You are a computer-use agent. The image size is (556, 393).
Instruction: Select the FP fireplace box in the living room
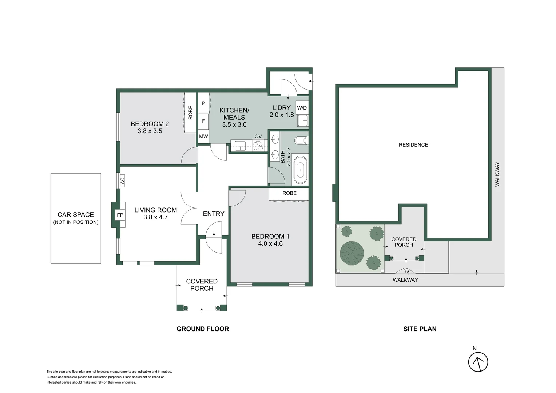click(120, 215)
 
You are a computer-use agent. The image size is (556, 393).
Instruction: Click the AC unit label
click(123, 180)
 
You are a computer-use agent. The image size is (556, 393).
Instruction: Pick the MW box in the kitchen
click(203, 136)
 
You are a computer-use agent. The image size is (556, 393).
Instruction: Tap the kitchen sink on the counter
click(241, 145)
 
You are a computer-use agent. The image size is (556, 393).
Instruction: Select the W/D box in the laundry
click(302, 108)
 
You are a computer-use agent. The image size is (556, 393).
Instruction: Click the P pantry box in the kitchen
click(203, 103)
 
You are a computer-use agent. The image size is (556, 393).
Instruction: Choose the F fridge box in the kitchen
click(203, 121)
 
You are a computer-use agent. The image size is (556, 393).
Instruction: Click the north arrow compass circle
click(478, 362)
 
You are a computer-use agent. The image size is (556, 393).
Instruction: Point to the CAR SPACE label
click(76, 215)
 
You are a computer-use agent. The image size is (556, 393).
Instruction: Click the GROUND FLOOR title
click(203, 329)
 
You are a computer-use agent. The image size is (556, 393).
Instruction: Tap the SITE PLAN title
click(420, 329)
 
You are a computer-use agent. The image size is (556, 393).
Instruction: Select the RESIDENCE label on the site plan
click(413, 145)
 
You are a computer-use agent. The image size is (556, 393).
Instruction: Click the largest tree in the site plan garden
click(352, 252)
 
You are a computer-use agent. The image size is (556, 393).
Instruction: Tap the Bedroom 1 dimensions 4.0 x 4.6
click(270, 244)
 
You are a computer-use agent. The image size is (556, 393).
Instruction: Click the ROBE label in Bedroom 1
click(289, 193)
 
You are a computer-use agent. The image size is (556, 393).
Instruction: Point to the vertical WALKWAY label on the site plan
click(497, 174)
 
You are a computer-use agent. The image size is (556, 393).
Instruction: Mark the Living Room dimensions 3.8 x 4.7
click(155, 217)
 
